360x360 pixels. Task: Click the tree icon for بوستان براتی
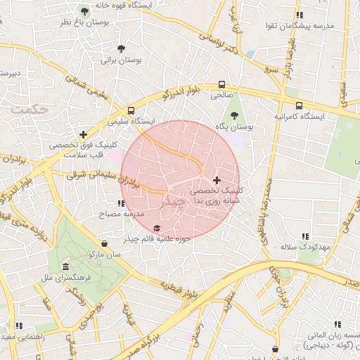[x=121, y=49]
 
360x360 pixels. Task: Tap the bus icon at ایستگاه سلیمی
[x=131, y=110]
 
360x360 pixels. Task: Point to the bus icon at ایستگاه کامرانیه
[x=299, y=105]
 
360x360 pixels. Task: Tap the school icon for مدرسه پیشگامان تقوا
[x=300, y=15]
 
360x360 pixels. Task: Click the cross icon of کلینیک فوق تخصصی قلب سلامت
[x=84, y=134]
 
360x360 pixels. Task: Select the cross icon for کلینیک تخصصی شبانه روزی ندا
[x=217, y=180]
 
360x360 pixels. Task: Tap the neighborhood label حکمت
[x=32, y=110]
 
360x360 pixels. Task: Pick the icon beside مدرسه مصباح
[x=121, y=203]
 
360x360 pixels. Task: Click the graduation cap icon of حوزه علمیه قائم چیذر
[x=157, y=229]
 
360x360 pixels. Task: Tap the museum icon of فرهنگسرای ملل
[x=65, y=267]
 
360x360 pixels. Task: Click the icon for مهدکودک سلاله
[x=305, y=237]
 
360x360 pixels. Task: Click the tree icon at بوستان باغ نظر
[x=84, y=11]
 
